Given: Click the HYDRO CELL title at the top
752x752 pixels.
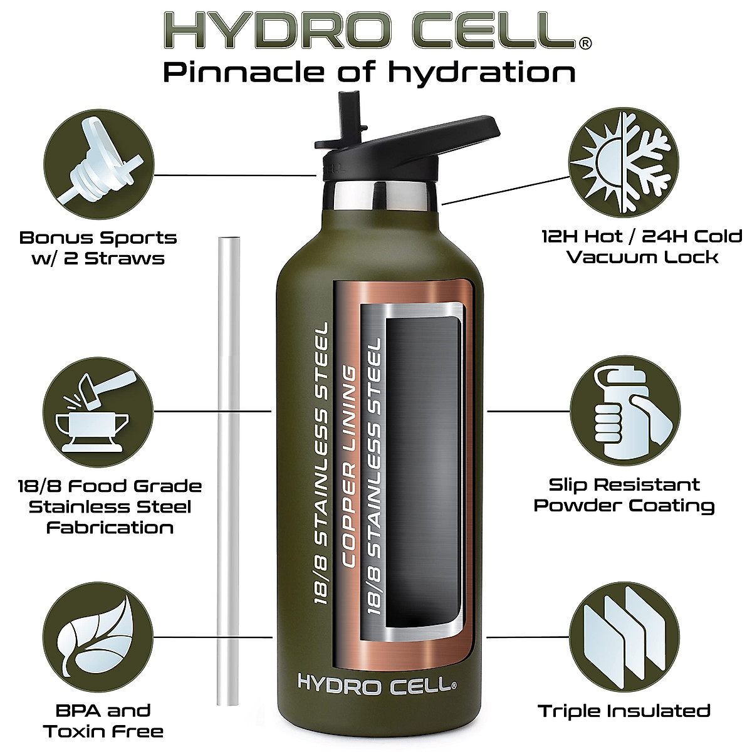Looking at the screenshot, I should (x=370, y=30).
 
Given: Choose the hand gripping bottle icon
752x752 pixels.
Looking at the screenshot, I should (x=624, y=410).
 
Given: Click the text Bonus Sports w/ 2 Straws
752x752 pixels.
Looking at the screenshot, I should (x=98, y=248).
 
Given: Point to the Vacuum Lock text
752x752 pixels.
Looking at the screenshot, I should (x=642, y=258).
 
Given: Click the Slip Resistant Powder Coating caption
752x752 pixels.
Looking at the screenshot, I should (x=624, y=495).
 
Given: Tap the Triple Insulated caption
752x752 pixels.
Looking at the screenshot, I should (x=624, y=711).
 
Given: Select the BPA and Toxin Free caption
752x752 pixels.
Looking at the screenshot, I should (x=103, y=721).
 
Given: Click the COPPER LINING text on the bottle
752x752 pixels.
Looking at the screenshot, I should (x=348, y=467).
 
